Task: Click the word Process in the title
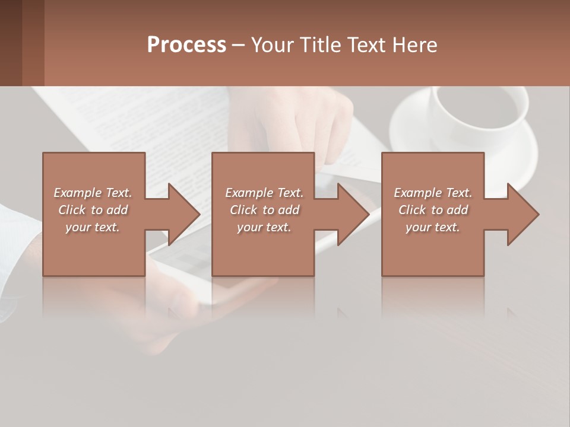186,45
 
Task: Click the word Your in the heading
271,45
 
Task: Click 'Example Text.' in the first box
93,193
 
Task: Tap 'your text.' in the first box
93,227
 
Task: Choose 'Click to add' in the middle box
264,210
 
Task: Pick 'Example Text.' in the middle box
264,193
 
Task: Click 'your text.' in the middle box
264,227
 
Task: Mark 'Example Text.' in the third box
433,193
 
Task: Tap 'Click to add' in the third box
433,210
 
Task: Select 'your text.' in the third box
433,227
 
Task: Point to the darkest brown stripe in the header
11,43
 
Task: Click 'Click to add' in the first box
93,210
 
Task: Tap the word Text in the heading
363,45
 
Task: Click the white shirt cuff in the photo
15,237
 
